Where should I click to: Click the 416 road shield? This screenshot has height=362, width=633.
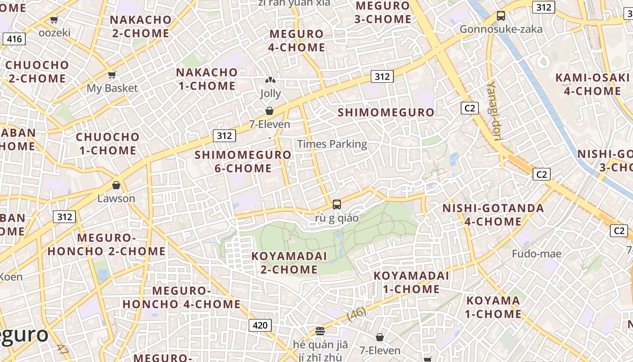14,39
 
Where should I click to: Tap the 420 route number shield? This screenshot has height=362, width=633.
260,325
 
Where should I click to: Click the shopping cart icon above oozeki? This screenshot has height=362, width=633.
54,19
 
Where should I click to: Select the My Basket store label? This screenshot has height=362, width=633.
112,88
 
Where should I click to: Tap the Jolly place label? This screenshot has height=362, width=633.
270,94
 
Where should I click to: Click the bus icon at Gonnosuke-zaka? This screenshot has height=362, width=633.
501,16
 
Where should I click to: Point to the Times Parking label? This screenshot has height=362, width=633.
332,144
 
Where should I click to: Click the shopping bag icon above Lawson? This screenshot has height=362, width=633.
116,185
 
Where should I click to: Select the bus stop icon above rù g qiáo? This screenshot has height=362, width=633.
336,204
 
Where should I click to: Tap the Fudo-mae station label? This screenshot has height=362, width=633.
536,254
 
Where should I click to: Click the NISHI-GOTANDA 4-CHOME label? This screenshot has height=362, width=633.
493,215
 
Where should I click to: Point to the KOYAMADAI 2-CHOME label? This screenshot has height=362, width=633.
289,262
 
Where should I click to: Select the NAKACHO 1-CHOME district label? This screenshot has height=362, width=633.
207,79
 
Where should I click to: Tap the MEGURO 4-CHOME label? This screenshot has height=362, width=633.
297,41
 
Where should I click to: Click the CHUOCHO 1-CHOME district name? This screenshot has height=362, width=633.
108,143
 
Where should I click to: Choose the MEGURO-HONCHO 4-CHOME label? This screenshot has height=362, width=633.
181,297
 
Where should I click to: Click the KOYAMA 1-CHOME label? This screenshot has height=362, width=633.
493,307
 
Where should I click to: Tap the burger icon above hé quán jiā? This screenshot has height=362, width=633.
320,331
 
